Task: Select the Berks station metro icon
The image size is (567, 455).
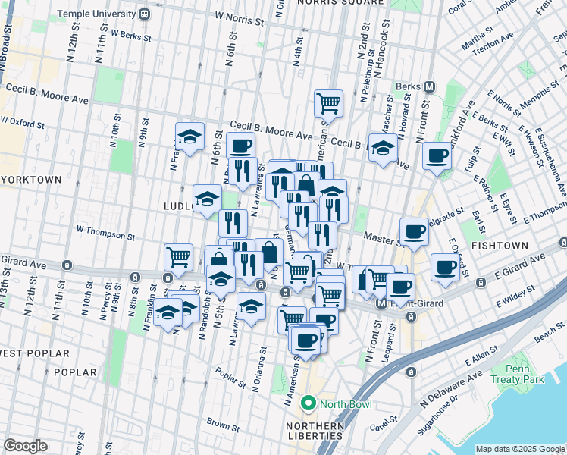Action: tap(429, 86)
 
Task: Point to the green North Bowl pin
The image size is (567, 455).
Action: tap(308, 403)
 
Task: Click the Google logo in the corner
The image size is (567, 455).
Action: tap(25, 446)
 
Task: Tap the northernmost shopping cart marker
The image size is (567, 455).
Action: tap(328, 102)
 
